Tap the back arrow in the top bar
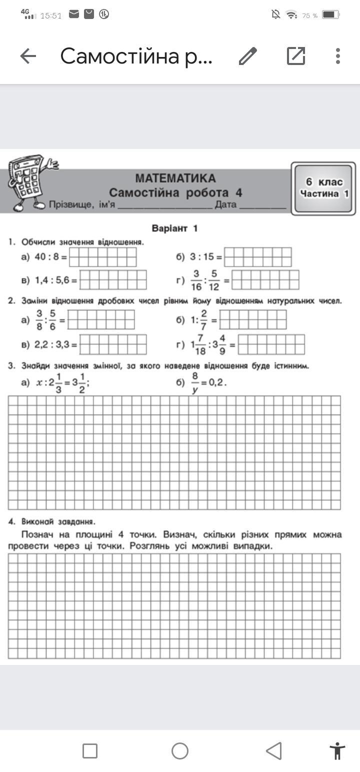click(x=28, y=56)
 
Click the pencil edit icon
click(x=247, y=56)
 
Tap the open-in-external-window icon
click(x=295, y=56)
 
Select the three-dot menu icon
click(x=338, y=56)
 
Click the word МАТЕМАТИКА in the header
click(x=175, y=178)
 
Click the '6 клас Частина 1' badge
click(x=323, y=188)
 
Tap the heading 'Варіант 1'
click(x=174, y=228)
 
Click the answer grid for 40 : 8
click(x=103, y=257)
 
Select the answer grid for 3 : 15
click(x=257, y=257)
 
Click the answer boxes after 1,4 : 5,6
click(x=113, y=280)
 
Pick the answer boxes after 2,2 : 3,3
click(x=113, y=344)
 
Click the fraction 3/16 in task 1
click(x=196, y=280)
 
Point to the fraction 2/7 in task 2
click(x=203, y=319)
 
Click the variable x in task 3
click(x=40, y=383)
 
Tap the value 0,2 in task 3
click(x=217, y=383)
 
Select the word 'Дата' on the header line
click(x=225, y=204)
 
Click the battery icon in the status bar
click(x=330, y=15)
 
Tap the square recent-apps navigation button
click(x=90, y=750)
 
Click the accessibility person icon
click(x=337, y=750)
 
